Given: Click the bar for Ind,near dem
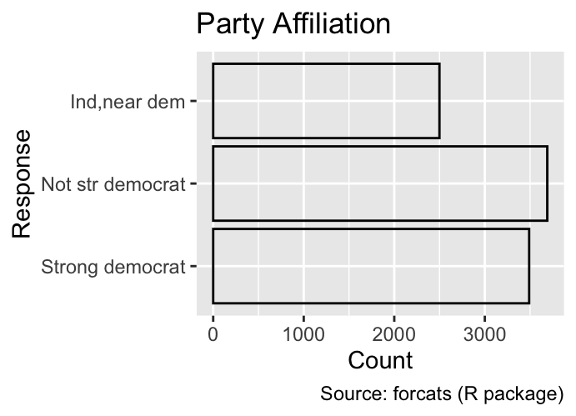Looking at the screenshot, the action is (x=326, y=101).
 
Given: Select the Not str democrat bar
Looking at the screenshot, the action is (x=380, y=183).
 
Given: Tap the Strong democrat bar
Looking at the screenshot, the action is (x=371, y=266).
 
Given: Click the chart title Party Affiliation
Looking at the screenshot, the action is (x=293, y=24).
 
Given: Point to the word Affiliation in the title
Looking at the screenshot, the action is (x=332, y=24).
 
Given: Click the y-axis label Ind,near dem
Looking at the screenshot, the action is (x=128, y=102).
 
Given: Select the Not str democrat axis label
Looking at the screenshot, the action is (x=113, y=184).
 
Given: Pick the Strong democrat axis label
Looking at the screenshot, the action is (x=113, y=267).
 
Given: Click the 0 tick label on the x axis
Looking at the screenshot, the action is (x=213, y=335).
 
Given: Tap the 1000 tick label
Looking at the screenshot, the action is (x=303, y=335).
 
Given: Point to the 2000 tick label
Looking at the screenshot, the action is (x=394, y=335).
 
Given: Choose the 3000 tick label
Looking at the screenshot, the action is (x=485, y=335).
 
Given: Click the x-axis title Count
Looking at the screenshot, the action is (x=380, y=360).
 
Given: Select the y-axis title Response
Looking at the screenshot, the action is (x=22, y=183).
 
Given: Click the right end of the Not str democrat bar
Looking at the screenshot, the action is (x=548, y=183).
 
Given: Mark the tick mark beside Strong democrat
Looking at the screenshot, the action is (x=193, y=266).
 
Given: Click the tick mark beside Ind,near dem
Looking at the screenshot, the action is (x=193, y=101).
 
